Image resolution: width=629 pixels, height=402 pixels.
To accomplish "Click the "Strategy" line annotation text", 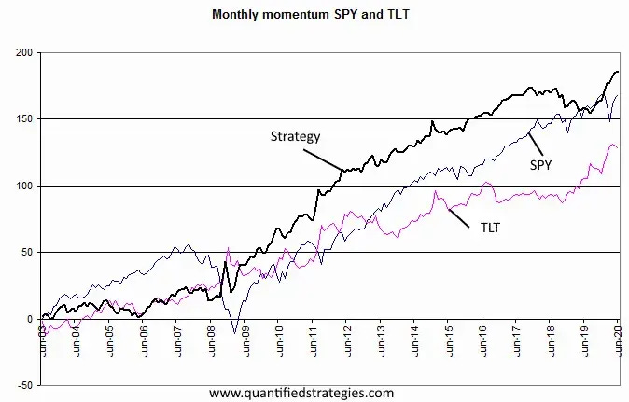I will (295, 136).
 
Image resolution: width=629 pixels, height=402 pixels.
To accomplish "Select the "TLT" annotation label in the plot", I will (489, 226).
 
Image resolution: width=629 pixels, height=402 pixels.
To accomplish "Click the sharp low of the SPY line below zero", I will (236, 332).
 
